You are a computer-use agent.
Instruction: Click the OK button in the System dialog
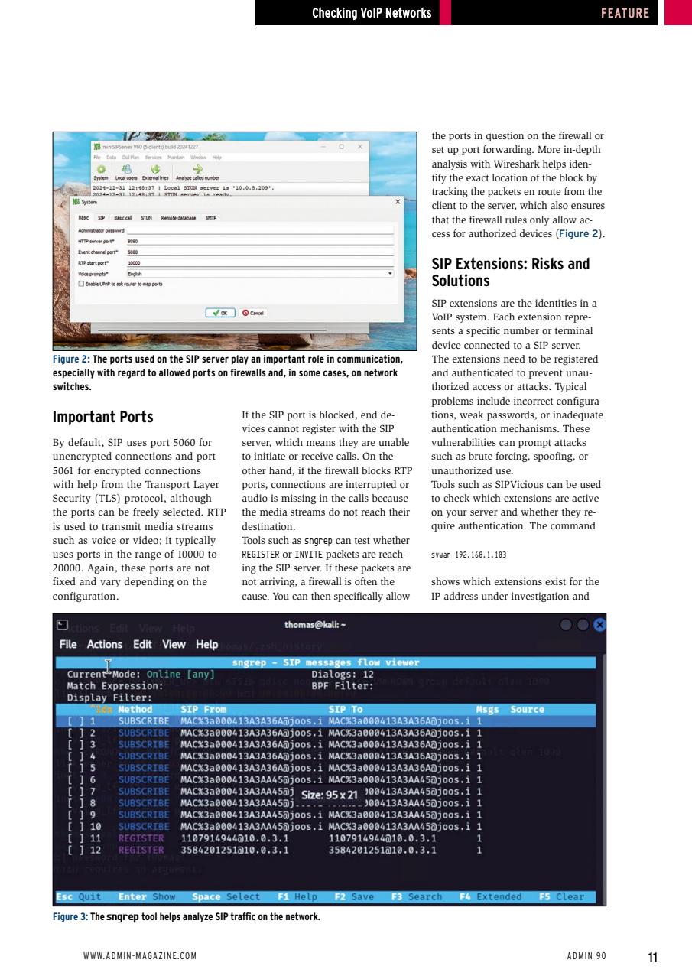(221, 312)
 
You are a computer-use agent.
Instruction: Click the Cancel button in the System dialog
(252, 312)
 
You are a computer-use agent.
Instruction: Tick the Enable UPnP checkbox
(82, 283)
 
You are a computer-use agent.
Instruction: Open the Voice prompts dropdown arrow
(390, 273)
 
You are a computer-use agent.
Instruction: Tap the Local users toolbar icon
(125, 173)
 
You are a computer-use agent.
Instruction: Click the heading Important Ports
(102, 417)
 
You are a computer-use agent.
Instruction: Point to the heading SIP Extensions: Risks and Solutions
(510, 272)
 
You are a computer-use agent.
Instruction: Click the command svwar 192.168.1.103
(469, 555)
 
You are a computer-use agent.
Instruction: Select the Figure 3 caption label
(70, 917)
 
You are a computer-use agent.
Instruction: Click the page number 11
(652, 957)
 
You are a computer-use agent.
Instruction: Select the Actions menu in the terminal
(105, 644)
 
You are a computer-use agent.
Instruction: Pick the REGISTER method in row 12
(141, 850)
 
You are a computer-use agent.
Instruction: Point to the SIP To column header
(346, 709)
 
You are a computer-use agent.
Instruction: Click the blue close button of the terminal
(599, 625)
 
